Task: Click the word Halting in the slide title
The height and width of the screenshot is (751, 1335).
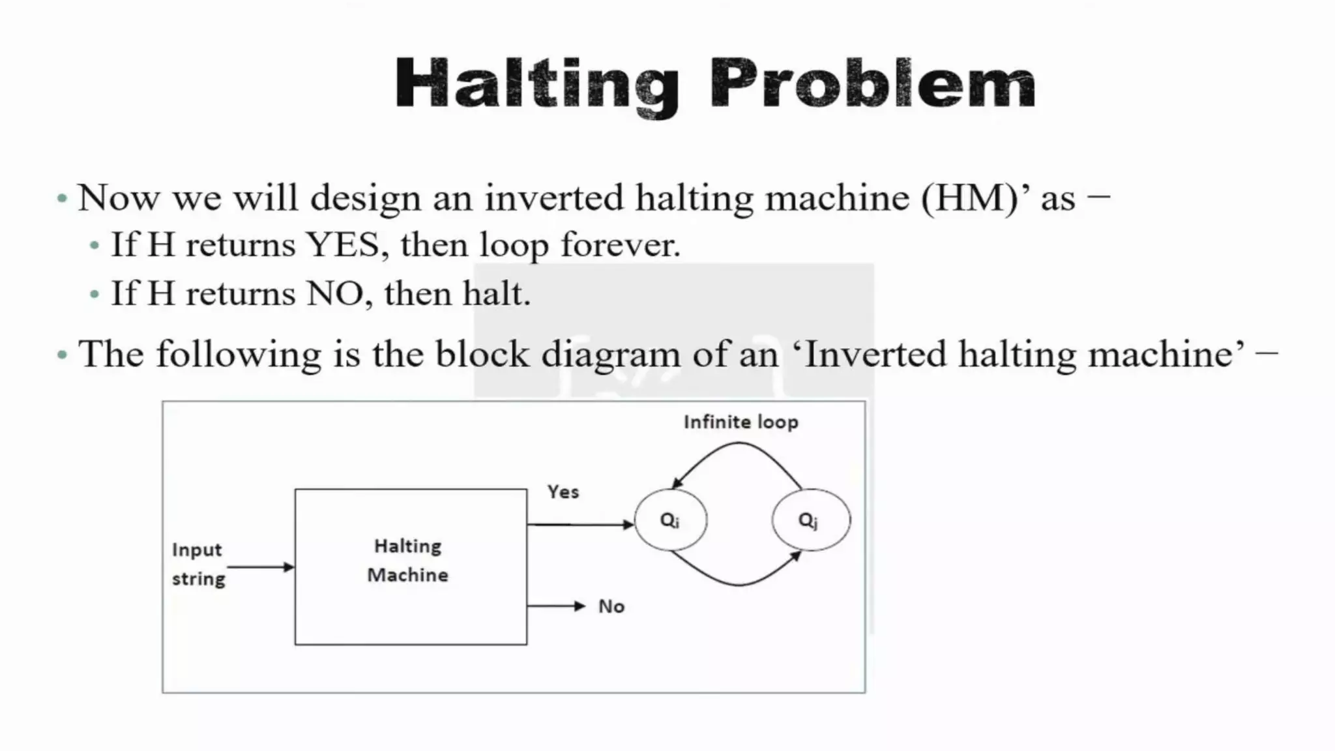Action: [536, 85]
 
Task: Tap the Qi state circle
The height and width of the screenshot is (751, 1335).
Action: [670, 520]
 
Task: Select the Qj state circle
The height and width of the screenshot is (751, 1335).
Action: [811, 520]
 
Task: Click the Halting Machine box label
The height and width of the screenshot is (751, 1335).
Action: [408, 561]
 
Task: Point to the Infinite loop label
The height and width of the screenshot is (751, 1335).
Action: [741, 422]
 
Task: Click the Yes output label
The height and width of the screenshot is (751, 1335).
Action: [563, 492]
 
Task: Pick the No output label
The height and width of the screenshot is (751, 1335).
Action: [611, 607]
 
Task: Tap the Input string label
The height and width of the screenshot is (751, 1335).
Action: [198, 565]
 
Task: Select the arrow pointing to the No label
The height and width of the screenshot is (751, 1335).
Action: [556, 606]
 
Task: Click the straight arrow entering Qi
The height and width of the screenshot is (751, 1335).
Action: [580, 524]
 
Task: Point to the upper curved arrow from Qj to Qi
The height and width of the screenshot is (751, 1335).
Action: [739, 445]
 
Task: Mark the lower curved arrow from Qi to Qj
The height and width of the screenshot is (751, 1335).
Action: [739, 583]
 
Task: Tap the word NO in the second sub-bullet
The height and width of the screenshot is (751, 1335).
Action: [334, 294]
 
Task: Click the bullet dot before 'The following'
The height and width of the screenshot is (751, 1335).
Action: [63, 356]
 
